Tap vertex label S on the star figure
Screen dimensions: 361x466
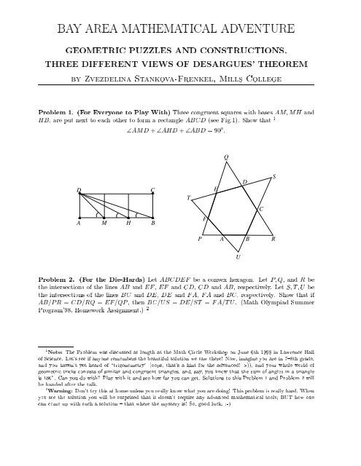(273, 177)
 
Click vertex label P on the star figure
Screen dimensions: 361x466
(199, 239)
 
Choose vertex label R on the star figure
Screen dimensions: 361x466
(272, 239)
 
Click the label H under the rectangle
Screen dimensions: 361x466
(128, 224)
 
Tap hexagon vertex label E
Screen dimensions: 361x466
(216, 188)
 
